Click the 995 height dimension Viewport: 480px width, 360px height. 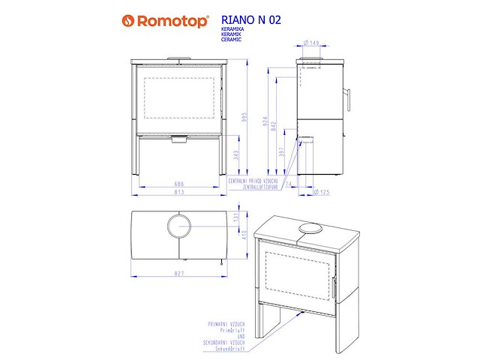click(x=243, y=121)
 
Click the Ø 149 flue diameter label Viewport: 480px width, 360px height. click(x=313, y=43)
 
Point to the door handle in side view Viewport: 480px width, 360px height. click(x=346, y=97)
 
